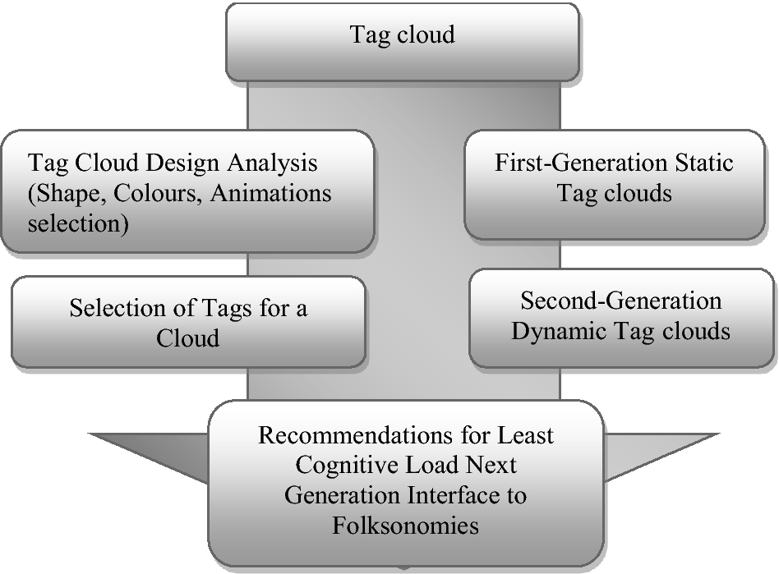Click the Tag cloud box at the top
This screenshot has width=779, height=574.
pyautogui.click(x=402, y=35)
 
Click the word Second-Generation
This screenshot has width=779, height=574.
pyautogui.click(x=620, y=301)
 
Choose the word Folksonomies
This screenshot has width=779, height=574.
pyautogui.click(x=405, y=524)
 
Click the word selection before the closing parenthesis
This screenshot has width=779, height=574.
pyautogui.click(x=73, y=223)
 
